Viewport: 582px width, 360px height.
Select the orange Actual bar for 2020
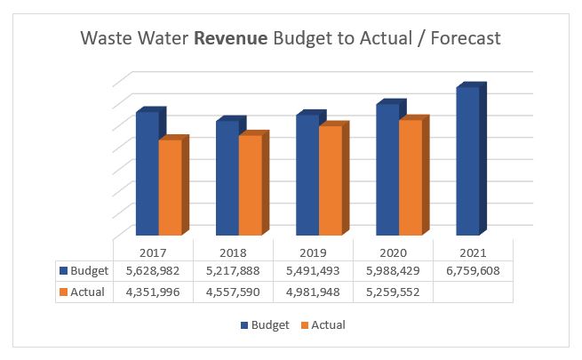(410, 178)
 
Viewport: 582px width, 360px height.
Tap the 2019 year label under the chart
(313, 252)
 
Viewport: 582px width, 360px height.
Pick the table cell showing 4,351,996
(153, 292)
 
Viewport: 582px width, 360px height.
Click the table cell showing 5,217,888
(233, 271)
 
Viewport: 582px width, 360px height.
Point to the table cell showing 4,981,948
(313, 292)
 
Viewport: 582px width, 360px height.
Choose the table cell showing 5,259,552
(393, 292)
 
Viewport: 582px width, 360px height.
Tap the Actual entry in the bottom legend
(321, 325)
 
